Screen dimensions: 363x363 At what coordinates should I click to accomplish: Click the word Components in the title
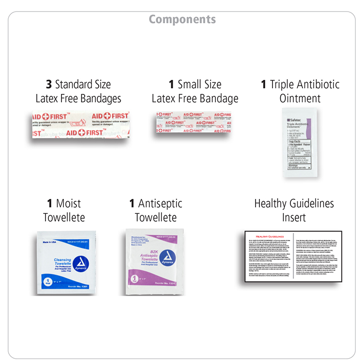(182, 19)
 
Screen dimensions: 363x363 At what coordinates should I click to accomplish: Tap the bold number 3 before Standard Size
(48, 84)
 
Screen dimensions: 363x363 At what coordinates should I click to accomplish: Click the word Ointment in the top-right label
(300, 99)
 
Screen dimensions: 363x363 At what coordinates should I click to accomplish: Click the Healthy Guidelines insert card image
(294, 258)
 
